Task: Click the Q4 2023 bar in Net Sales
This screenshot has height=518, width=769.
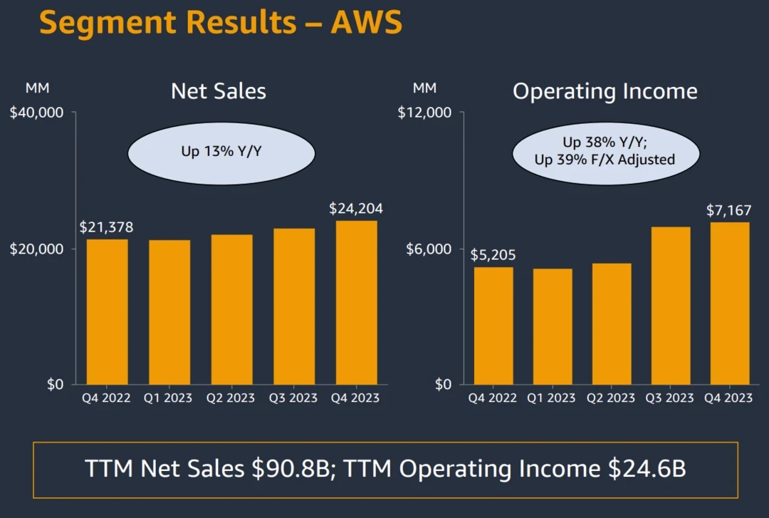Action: pos(356,303)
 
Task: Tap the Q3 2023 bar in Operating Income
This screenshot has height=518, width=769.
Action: pos(670,306)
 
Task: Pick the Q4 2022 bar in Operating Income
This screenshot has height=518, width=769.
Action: pos(493,326)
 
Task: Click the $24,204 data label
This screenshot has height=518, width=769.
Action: pos(356,209)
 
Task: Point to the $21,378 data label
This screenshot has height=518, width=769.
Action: pos(106,227)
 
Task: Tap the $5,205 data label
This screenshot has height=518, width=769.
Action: pos(493,255)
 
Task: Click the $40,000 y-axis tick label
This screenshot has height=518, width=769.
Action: pos(37,113)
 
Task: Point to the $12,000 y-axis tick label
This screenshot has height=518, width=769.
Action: pos(425,113)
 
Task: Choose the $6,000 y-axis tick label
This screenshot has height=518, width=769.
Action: pos(429,249)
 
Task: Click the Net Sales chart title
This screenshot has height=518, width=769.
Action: pos(219,91)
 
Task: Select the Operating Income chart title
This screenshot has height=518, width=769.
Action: pos(605,91)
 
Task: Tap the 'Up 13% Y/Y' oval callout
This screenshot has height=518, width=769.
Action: pos(221,152)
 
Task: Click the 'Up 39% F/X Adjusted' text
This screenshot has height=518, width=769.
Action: pos(605,160)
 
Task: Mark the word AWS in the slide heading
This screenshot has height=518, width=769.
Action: pos(366,23)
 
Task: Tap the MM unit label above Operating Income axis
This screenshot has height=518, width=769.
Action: pos(424,88)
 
